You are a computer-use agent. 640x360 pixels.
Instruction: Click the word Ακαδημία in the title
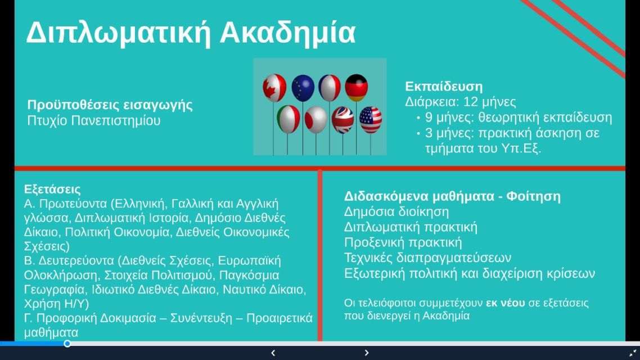pyautogui.click(x=288, y=32)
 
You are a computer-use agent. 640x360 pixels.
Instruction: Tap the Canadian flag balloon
pyautogui.click(x=274, y=87)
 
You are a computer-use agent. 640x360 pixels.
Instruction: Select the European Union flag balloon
pyautogui.click(x=303, y=88)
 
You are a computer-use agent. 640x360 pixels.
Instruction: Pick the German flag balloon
pyautogui.click(x=357, y=87)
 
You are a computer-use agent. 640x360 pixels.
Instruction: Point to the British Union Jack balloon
pyautogui.click(x=342, y=120)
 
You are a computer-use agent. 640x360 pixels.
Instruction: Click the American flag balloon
pyautogui.click(x=371, y=120)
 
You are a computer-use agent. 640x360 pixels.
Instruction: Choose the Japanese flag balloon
pyautogui.click(x=316, y=120)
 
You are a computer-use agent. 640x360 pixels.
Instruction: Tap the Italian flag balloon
pyautogui.click(x=288, y=119)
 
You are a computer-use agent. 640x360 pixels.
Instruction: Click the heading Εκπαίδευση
pyautogui.click(x=444, y=87)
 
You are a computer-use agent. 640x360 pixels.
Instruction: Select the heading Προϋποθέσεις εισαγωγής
pyautogui.click(x=110, y=105)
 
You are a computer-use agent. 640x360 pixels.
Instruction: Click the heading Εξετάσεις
pyautogui.click(x=52, y=189)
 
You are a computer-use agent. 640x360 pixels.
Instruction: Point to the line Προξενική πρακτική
pyautogui.click(x=403, y=242)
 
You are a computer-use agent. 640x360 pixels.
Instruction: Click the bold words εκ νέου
pyautogui.click(x=505, y=303)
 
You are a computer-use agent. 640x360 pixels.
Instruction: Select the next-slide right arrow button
pyautogui.click(x=367, y=353)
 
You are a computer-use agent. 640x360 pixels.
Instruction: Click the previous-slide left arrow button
pyautogui.click(x=273, y=353)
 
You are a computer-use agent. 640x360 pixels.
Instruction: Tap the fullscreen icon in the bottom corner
pyautogui.click(x=633, y=353)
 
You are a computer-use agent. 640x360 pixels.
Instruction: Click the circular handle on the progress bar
pyautogui.click(x=67, y=344)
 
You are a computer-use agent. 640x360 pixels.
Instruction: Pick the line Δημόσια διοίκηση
pyautogui.click(x=396, y=212)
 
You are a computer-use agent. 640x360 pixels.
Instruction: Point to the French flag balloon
pyautogui.click(x=330, y=88)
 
